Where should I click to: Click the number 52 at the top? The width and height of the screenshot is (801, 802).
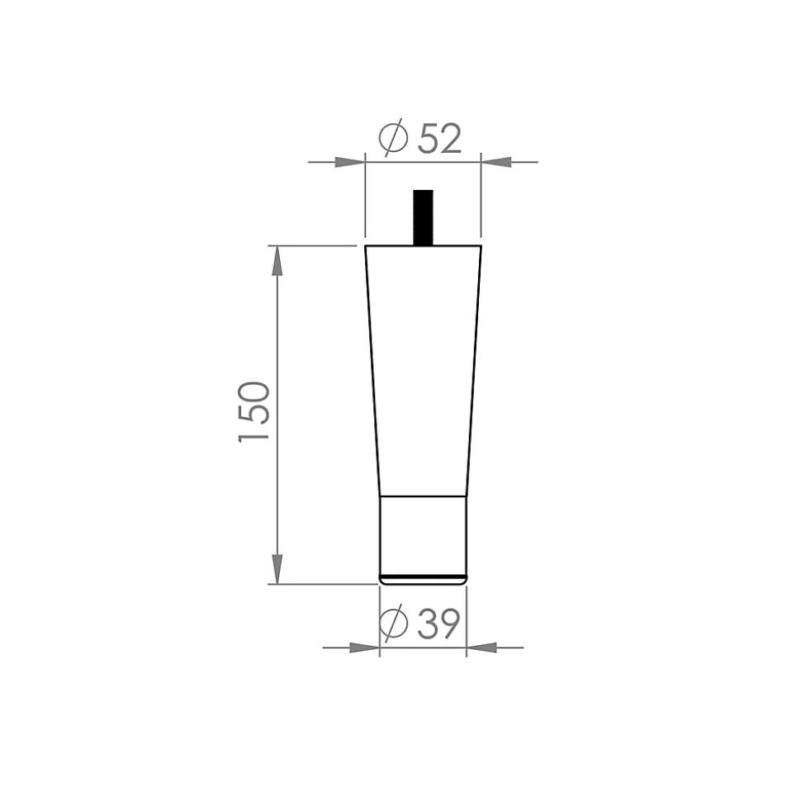[440, 138]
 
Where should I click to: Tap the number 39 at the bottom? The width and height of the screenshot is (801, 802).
[438, 624]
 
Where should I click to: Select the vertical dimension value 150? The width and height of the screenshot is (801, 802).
[254, 412]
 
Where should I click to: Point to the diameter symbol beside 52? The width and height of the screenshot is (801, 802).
[393, 137]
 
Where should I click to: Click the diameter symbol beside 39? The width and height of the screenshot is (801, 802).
[393, 623]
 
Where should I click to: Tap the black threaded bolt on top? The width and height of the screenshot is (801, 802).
[423, 218]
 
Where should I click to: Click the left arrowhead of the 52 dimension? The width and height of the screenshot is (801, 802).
[350, 162]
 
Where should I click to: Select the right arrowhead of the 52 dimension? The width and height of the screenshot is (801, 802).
[496, 162]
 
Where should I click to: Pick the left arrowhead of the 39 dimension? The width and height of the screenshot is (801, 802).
[364, 648]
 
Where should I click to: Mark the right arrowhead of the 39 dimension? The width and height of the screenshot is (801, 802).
[481, 648]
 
